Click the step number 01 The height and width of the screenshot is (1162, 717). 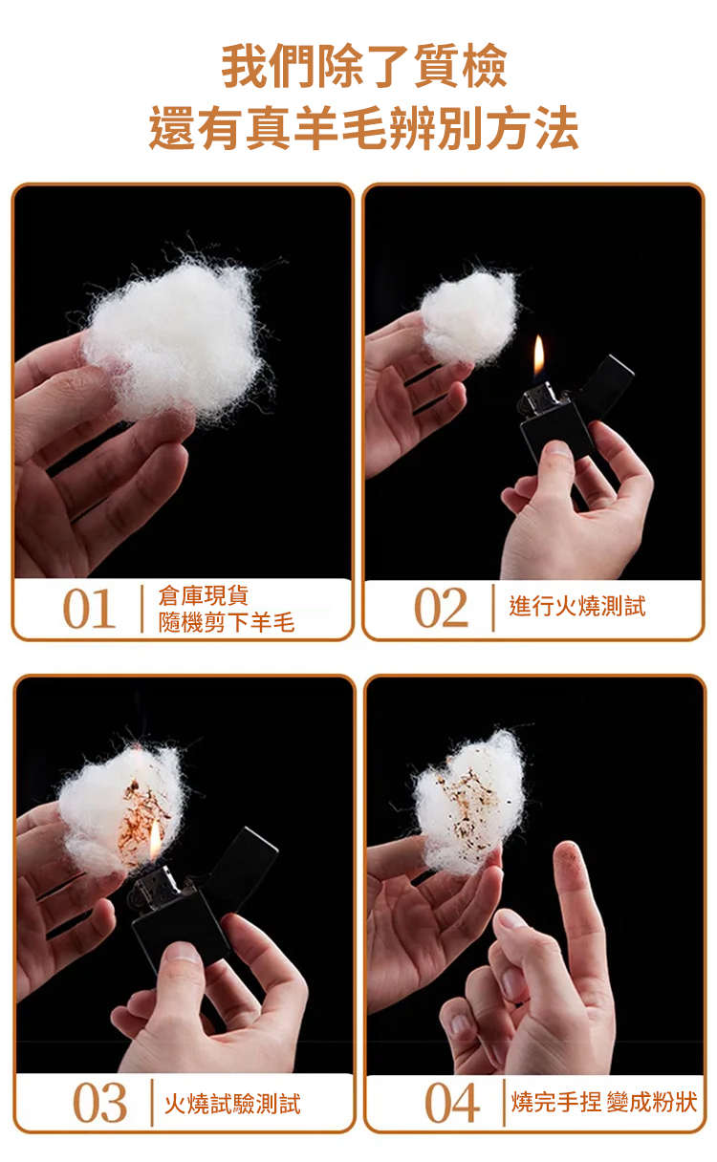pos(89,609)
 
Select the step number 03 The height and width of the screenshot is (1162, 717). pos(100,1103)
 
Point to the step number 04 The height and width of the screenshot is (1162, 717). pos(452,1103)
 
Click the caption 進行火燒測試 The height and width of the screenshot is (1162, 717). pos(577,607)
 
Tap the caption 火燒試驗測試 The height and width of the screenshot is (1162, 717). pos(232,1104)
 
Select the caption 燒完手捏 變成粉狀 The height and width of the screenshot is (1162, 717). pos(604,1103)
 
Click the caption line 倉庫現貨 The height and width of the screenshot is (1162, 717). pos(204,595)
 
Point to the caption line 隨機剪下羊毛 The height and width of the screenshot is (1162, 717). pos(227,622)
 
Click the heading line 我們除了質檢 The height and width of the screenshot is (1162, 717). pos(364,66)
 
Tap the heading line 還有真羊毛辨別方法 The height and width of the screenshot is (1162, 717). pos(363,128)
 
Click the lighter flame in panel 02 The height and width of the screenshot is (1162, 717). pos(539,358)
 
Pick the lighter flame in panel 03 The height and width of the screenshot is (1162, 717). pos(155,847)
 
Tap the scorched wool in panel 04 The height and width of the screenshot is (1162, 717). pos(467,802)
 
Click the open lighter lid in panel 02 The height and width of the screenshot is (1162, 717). pos(607,381)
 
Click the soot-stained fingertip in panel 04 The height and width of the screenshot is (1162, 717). pos(568,858)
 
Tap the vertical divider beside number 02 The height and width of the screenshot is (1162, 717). pos(493,608)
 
